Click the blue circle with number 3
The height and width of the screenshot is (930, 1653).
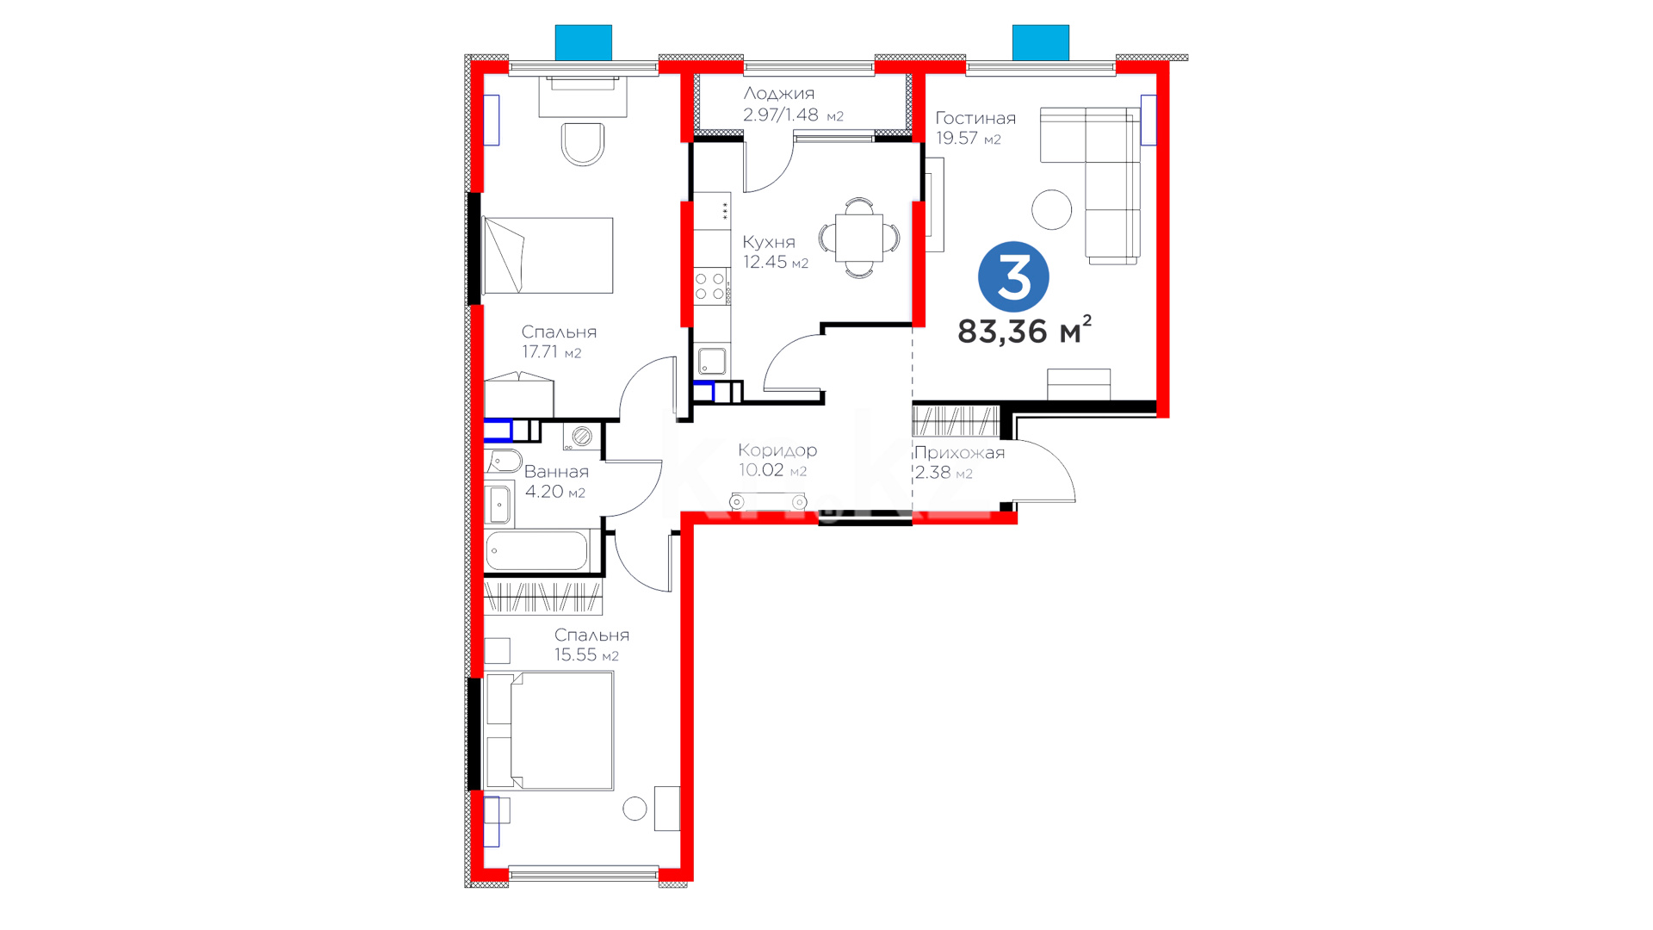pos(1013,276)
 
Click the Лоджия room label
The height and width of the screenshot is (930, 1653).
pos(779,93)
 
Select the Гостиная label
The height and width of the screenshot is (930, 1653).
pos(975,118)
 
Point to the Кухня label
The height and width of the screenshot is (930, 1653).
pos(769,242)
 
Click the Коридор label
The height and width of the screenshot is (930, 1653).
pos(777,449)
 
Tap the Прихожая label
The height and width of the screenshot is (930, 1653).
pos(959,453)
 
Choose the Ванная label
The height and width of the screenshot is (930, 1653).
pos(556,472)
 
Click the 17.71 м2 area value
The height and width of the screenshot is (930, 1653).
pos(552,352)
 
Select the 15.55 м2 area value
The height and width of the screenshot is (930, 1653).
pos(586,655)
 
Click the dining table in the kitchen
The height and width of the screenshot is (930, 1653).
pos(859,238)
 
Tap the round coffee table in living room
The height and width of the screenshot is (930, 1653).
pos(1051,209)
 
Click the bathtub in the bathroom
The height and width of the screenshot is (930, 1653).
pos(537,550)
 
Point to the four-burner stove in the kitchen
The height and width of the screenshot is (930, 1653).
pos(711,287)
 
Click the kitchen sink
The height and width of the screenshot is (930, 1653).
pos(712,360)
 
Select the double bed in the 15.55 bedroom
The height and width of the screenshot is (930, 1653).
pos(550,731)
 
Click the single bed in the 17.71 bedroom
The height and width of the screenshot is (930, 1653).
pos(548,255)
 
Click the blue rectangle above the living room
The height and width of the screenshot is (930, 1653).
pos(1041,42)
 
